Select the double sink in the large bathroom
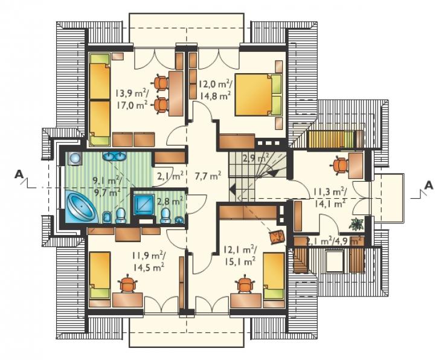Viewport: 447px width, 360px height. tap(115, 156)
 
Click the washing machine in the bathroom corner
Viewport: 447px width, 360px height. tap(74, 158)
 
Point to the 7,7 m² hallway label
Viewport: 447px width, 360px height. tap(208, 176)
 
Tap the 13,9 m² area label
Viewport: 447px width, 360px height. tap(132, 93)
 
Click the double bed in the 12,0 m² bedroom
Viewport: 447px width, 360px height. tap(258, 95)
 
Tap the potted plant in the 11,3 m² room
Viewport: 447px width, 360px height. tap(356, 223)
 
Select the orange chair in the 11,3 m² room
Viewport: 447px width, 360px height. tap(339, 166)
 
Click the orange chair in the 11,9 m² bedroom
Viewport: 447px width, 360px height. tap(127, 283)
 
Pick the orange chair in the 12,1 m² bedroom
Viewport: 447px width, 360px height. tap(245, 284)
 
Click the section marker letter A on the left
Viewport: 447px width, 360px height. tap(19, 174)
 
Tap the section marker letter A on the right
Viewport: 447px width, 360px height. tap(429, 185)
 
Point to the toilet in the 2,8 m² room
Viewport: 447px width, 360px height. tap(165, 216)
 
